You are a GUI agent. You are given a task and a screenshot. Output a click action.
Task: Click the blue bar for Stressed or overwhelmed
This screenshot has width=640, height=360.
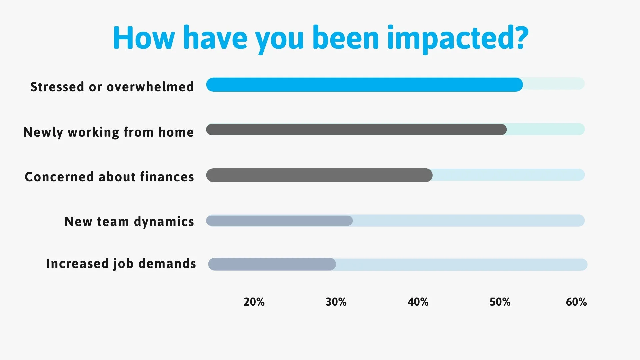coord(364,85)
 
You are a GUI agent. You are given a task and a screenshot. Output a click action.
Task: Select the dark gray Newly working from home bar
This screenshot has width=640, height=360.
coord(356,130)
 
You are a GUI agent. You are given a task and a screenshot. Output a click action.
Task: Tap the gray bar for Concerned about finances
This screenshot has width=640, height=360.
coord(319,175)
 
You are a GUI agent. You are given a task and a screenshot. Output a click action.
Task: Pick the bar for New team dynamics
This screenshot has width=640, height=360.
coord(279,221)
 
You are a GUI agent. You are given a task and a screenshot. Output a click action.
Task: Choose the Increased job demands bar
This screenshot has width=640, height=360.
coord(272,264)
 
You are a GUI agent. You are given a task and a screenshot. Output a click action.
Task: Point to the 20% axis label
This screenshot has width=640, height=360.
coord(254,302)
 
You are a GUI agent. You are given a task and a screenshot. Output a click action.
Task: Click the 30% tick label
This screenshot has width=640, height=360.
coord(336,302)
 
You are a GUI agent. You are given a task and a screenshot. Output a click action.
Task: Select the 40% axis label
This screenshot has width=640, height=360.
coord(418,302)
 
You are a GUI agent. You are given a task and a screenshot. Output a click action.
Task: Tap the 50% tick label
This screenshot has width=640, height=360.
coord(500,302)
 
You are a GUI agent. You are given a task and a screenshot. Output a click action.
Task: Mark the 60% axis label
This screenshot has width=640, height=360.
coord(576,302)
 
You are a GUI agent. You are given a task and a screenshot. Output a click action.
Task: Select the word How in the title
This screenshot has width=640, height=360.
coord(143,38)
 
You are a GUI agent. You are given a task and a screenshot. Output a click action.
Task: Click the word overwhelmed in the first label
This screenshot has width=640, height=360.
coord(150,87)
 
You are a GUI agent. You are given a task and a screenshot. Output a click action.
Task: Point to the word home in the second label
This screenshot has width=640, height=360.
coord(176,132)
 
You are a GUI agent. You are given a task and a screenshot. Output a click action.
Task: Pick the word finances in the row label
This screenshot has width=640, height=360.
coord(167,177)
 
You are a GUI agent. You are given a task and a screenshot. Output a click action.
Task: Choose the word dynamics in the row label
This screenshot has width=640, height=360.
coord(164,222)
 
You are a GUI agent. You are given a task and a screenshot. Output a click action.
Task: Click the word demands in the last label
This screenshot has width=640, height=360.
coord(167,264)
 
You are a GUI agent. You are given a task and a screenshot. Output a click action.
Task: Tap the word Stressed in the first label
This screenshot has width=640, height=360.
coord(57,87)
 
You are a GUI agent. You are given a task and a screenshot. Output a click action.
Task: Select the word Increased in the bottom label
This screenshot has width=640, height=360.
coord(78,264)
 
